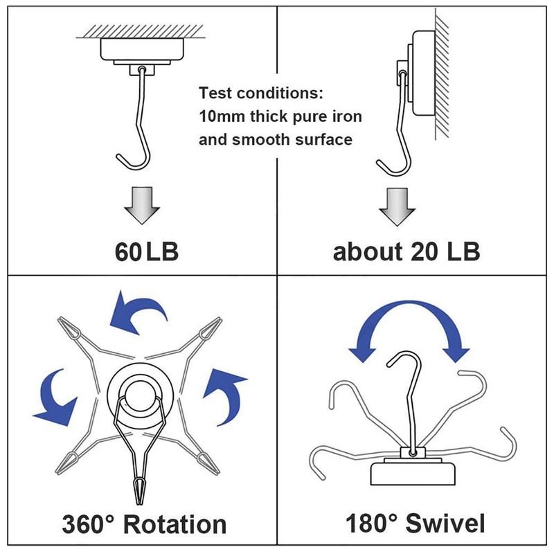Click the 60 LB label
[x=147, y=251]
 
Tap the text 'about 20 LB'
[x=406, y=251]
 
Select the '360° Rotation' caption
[x=144, y=524]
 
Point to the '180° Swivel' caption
[x=415, y=524]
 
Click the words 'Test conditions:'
[x=261, y=93]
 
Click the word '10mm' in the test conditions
[x=222, y=116]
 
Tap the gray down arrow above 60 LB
[x=142, y=206]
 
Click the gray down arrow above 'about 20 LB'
[x=397, y=206]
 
